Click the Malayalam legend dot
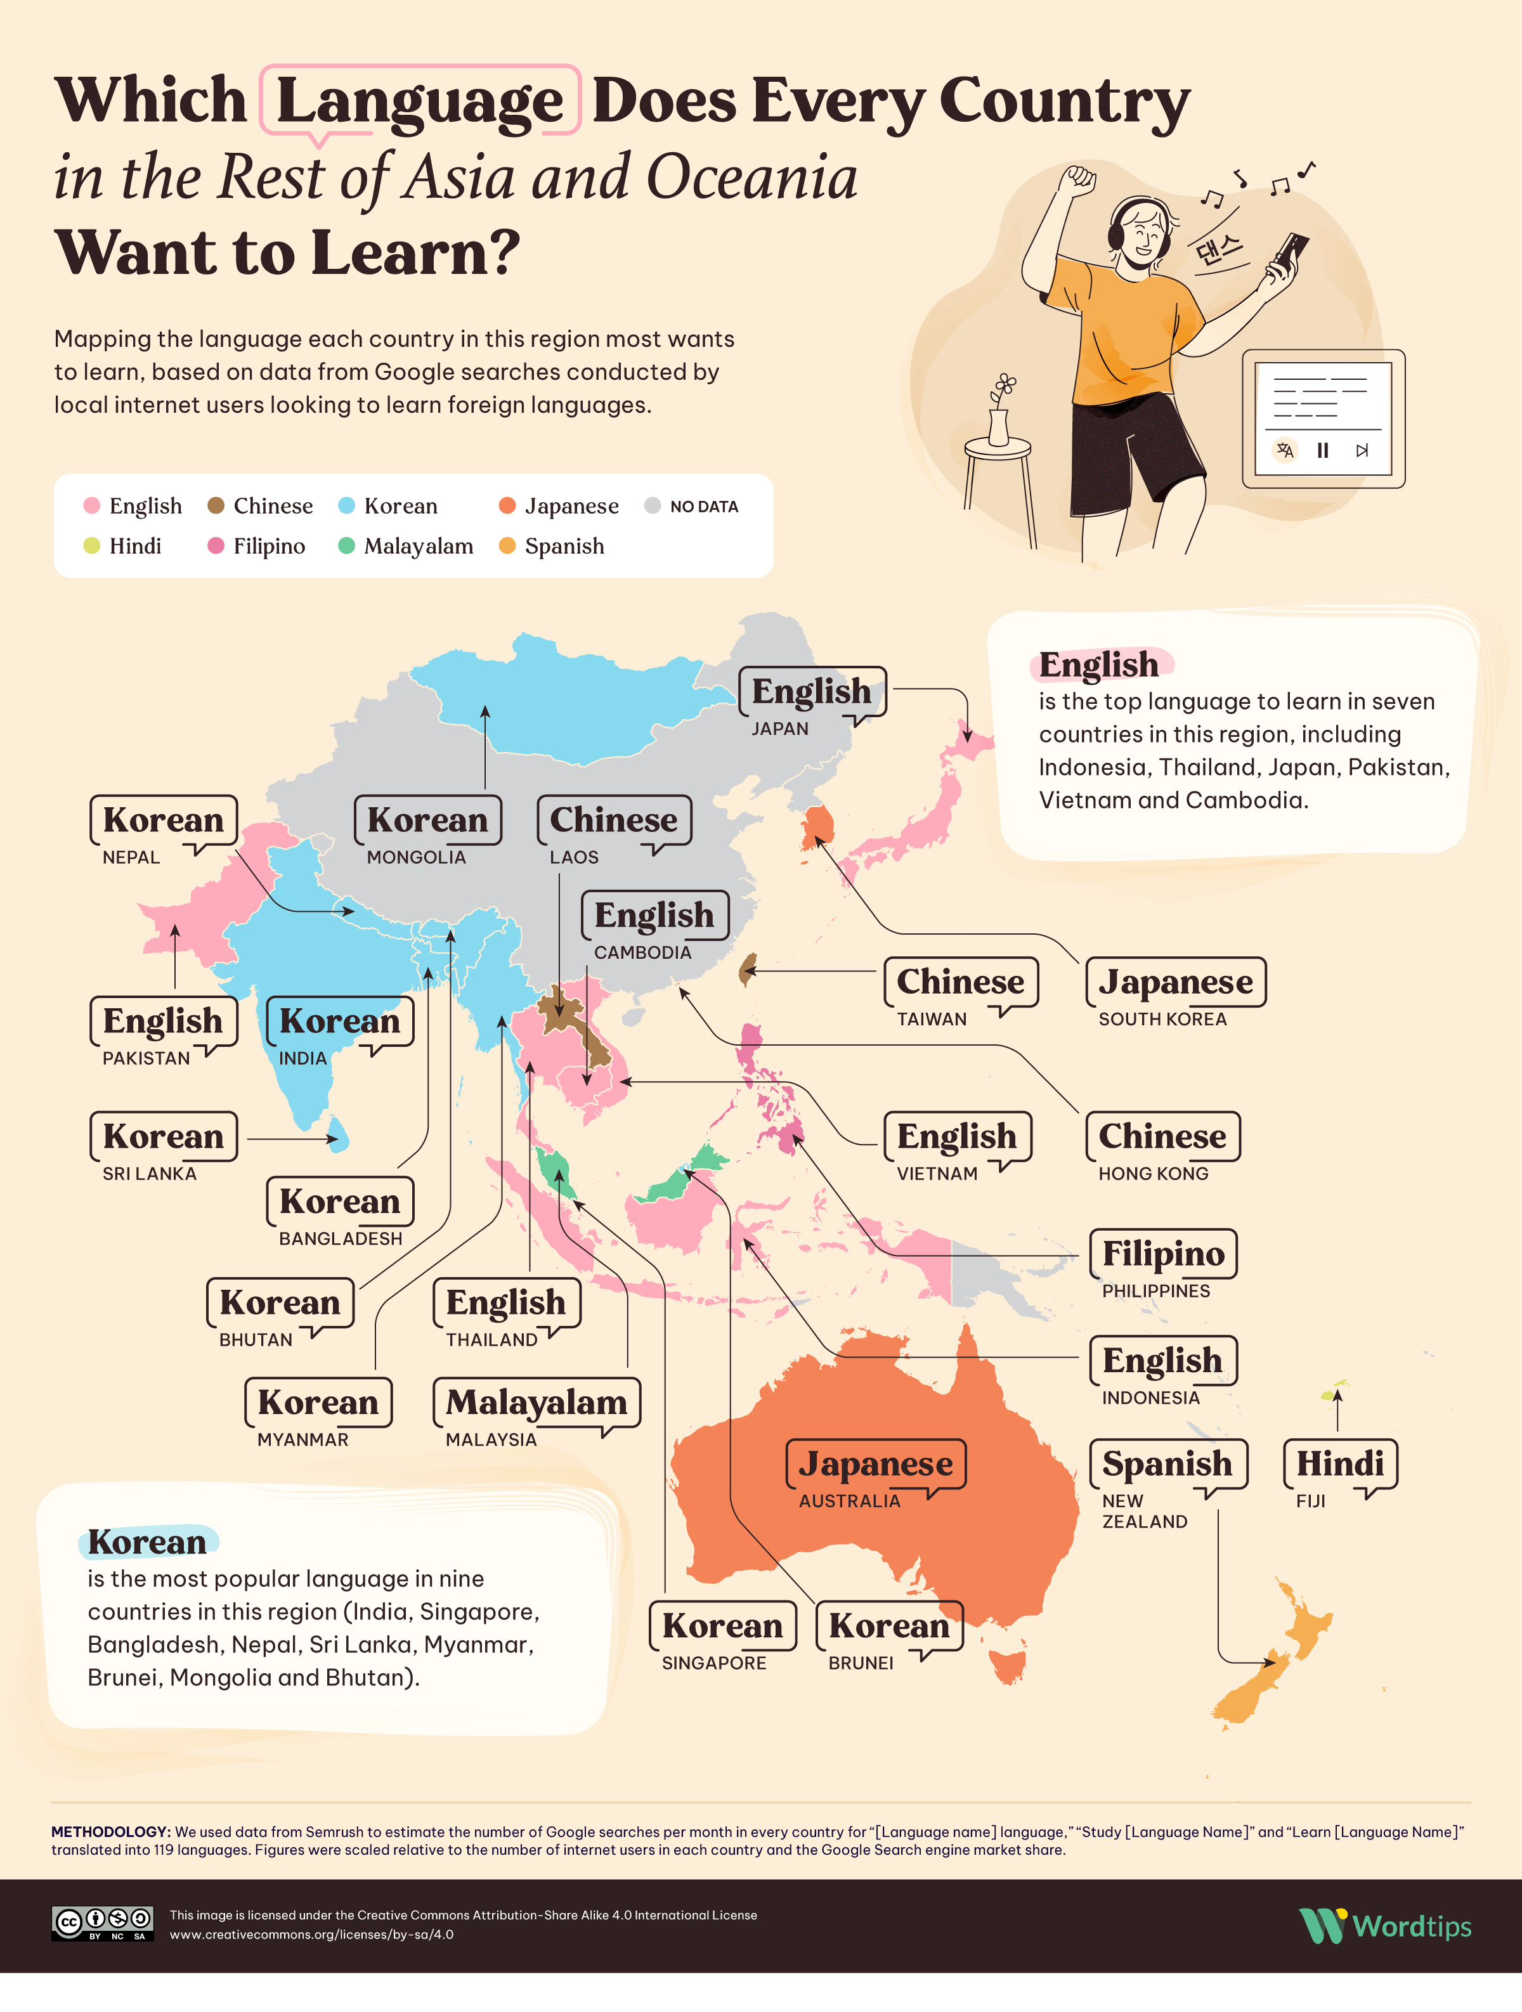(x=346, y=546)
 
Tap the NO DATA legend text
(x=703, y=507)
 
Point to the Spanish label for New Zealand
(x=1168, y=1464)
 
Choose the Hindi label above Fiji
(x=1339, y=1464)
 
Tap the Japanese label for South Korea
(x=1175, y=982)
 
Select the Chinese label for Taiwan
(x=959, y=982)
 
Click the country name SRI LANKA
(x=149, y=1173)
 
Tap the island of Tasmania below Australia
(x=1008, y=1666)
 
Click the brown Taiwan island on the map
(x=748, y=970)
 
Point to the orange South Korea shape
(x=818, y=825)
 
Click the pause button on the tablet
(x=1323, y=450)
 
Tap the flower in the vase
(x=1005, y=387)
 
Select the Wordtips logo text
(x=1411, y=1926)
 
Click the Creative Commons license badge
(x=102, y=1923)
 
